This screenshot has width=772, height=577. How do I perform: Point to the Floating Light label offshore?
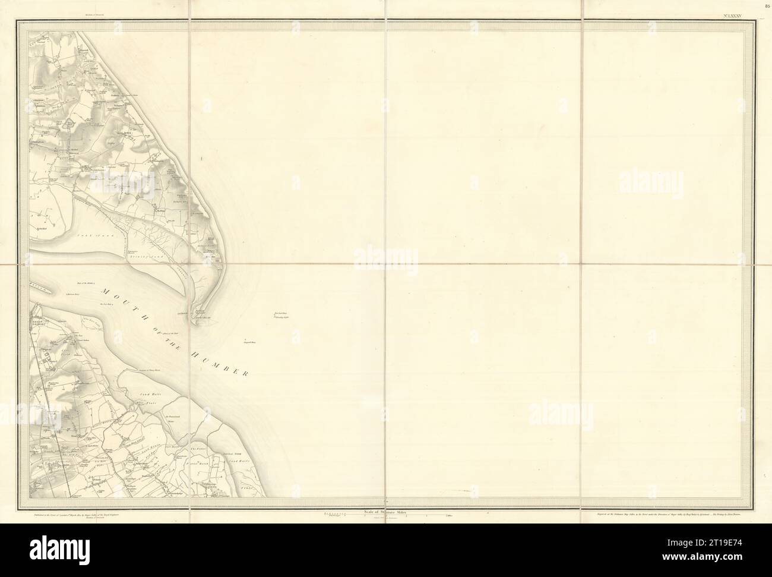click(281, 318)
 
